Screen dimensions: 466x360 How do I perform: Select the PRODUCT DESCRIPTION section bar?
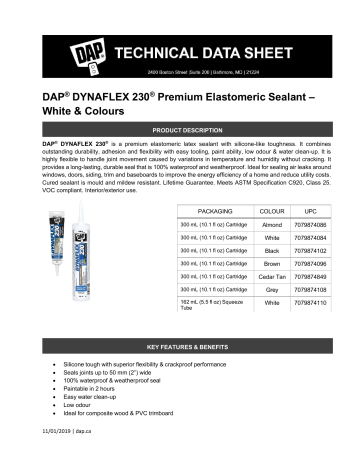pyautogui.click(x=180, y=131)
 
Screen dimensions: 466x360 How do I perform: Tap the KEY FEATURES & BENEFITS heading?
pyautogui.click(x=180, y=346)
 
